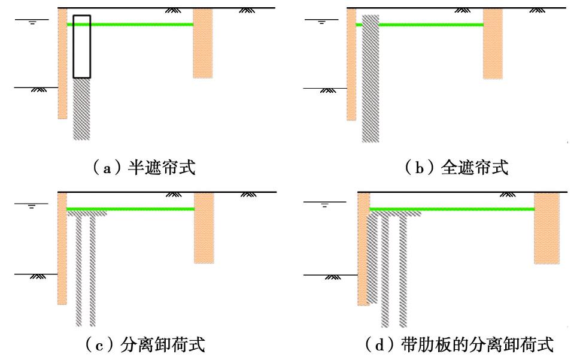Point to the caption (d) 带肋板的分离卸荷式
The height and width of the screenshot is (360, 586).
(x=458, y=345)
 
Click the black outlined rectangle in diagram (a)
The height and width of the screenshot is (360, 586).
(x=81, y=47)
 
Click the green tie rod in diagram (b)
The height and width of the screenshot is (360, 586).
(x=431, y=25)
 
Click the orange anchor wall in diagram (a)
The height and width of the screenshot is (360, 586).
(x=202, y=43)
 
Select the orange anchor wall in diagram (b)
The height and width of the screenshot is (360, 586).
(x=493, y=43)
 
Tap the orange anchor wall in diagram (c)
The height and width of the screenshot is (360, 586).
(x=204, y=228)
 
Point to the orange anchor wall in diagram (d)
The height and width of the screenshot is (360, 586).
(x=546, y=228)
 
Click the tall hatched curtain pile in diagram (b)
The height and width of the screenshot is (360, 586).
(x=371, y=78)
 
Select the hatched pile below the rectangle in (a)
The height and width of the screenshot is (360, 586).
(x=81, y=109)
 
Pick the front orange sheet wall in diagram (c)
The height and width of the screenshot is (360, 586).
(x=62, y=249)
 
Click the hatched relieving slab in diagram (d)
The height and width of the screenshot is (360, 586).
(x=395, y=213)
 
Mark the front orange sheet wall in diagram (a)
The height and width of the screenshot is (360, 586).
(x=62, y=63)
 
